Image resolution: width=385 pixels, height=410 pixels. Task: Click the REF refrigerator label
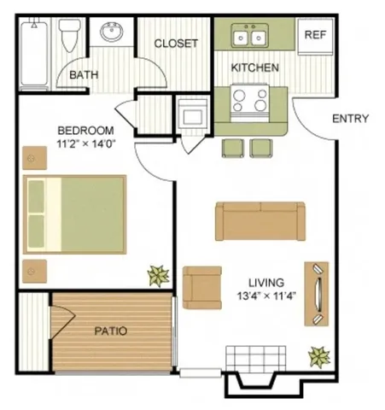tap(315, 35)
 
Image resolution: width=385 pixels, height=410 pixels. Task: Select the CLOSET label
tap(175, 43)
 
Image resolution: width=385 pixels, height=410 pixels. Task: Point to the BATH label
tap(84, 74)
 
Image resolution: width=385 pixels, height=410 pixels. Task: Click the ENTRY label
tap(350, 118)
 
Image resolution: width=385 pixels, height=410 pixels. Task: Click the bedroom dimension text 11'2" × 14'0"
tap(85, 143)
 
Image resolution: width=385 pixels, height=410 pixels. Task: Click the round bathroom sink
tap(110, 35)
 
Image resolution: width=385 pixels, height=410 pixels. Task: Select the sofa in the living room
tap(260, 220)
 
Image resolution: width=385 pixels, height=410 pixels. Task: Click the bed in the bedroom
tap(74, 214)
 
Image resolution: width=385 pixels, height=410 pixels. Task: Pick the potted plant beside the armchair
tap(158, 275)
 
